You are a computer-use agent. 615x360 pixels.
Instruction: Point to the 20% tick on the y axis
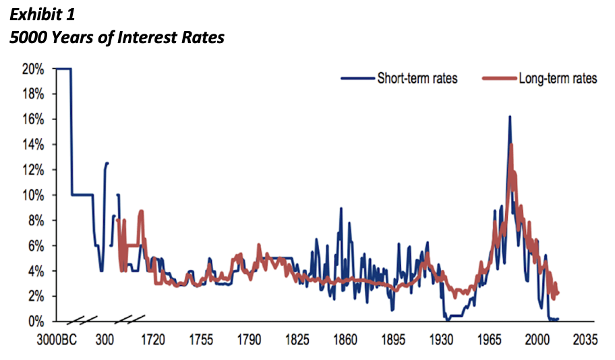33,69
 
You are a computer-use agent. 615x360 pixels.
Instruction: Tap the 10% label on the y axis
33,196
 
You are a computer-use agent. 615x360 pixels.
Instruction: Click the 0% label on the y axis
36,322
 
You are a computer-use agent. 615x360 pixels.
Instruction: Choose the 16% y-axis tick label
33,119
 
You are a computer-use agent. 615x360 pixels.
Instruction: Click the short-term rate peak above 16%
509,117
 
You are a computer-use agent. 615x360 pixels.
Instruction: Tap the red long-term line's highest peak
511,144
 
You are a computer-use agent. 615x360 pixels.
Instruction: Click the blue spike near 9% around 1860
341,208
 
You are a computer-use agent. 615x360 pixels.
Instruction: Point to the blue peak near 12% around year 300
107,162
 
